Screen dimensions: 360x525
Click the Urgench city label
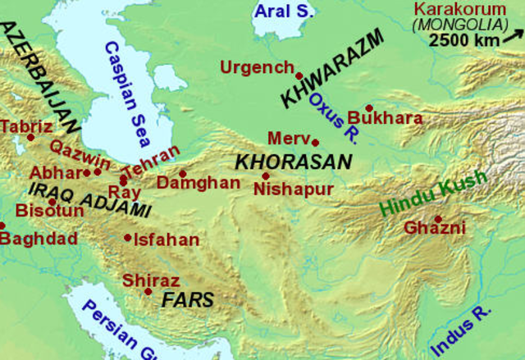(x=258, y=67)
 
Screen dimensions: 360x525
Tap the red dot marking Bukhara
(x=369, y=107)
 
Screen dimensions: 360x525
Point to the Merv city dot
(x=315, y=142)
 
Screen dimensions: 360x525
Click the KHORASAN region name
(x=294, y=162)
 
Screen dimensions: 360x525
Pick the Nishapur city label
(x=294, y=189)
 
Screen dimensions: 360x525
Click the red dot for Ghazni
(x=438, y=219)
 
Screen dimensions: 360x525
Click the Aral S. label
(x=283, y=11)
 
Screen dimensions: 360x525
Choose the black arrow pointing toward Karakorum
(x=514, y=35)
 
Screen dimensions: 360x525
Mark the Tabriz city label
(x=27, y=126)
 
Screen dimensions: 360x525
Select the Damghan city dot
(x=182, y=173)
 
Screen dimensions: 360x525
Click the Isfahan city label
(x=167, y=239)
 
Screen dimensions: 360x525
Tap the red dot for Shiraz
(x=148, y=292)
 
